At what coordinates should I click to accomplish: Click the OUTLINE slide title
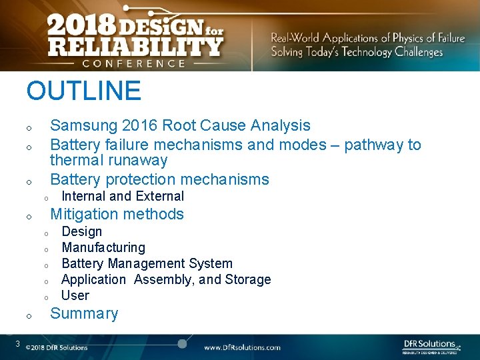[x=83, y=91]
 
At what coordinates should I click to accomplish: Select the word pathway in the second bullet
[x=373, y=145]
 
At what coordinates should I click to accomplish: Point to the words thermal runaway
[x=109, y=160]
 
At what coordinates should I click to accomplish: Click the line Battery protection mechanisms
[x=159, y=179]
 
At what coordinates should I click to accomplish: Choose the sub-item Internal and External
[x=123, y=196]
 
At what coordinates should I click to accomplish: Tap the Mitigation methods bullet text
[x=117, y=214]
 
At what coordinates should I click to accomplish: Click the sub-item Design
[x=81, y=231]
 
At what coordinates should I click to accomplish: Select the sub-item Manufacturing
[x=103, y=247]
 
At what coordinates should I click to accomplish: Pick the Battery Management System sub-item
[x=147, y=263]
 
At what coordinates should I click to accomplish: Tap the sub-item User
[x=75, y=295]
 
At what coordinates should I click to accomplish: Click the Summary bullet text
[x=84, y=313]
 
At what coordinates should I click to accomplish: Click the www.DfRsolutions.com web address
[x=242, y=347]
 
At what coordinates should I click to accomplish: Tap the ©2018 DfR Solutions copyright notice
[x=57, y=347]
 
